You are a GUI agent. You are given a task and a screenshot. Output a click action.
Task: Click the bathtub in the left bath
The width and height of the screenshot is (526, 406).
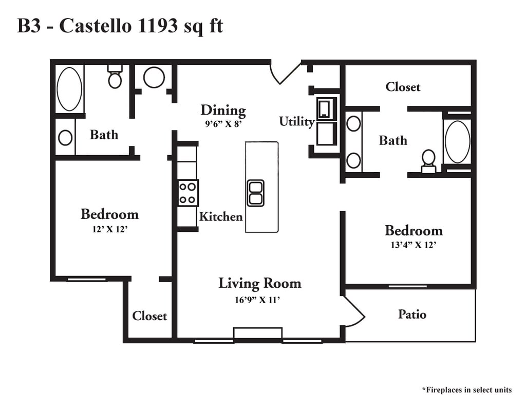[69, 89]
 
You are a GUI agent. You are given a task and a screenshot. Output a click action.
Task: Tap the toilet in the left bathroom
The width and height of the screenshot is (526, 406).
[115, 78]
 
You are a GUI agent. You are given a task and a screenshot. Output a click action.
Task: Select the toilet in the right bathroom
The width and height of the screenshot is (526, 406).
[428, 160]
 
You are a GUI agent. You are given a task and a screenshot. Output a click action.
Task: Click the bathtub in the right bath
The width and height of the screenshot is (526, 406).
[457, 142]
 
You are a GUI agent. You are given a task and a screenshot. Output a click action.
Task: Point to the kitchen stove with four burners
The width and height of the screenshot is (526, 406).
[187, 193]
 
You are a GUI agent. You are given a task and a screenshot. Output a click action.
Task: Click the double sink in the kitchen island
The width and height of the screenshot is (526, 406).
[255, 193]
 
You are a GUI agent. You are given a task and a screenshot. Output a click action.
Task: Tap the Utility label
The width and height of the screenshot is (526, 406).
[296, 122]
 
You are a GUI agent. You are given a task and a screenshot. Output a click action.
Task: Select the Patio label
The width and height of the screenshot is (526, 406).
[412, 314]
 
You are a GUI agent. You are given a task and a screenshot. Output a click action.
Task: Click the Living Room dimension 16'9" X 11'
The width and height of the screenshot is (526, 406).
[257, 301]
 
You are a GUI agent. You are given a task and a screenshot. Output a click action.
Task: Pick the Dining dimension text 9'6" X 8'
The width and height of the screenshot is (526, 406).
[223, 123]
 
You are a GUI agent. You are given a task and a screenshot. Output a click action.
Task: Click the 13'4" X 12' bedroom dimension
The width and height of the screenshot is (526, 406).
[414, 245]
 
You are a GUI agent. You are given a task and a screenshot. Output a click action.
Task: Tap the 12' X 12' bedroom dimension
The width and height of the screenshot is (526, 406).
[109, 229]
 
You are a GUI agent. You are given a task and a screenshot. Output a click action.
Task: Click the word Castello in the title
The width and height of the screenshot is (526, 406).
[95, 26]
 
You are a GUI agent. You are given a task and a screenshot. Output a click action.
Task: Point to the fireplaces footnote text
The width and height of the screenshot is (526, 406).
[466, 390]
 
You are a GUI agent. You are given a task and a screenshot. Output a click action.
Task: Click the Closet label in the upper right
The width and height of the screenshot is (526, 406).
[403, 87]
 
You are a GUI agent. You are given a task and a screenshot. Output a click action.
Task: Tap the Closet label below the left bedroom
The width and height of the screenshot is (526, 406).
[149, 316]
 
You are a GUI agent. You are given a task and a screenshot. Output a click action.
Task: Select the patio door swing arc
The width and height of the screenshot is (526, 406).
[355, 313]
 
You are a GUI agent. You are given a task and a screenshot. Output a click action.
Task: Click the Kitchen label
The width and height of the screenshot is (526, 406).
[220, 217]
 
